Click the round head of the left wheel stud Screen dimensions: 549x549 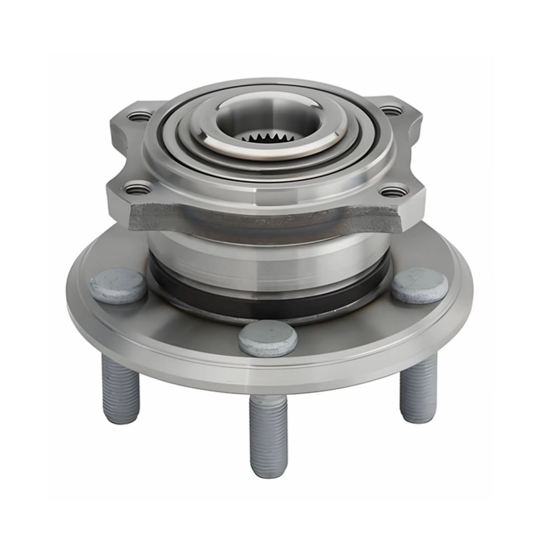coord(118,284)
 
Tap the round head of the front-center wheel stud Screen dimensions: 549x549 coord(268,337)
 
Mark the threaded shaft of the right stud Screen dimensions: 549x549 coord(418,388)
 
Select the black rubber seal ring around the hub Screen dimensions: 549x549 coord(269,299)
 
